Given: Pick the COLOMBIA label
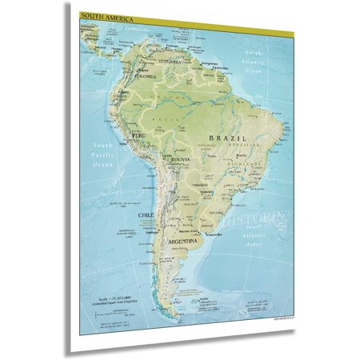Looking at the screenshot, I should click(x=145, y=77).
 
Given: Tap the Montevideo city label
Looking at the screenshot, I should click(x=211, y=236).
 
